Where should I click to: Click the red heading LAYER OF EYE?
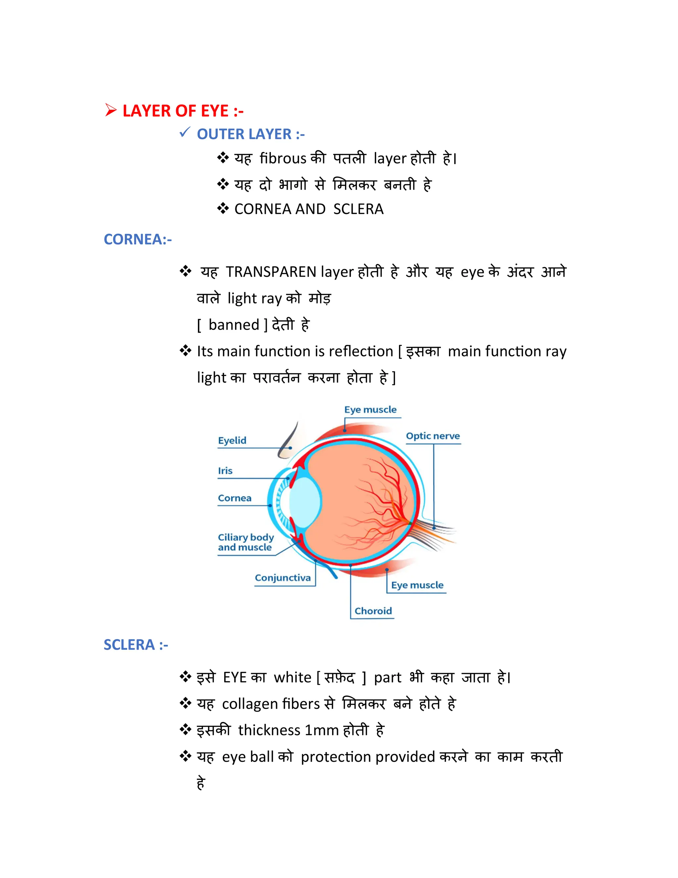coord(183,111)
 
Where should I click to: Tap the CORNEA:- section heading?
coord(138,240)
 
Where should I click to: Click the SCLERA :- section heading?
coord(136,645)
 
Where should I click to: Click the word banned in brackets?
coord(234,325)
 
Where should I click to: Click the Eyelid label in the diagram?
coord(232,440)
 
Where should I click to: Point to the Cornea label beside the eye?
coord(235,498)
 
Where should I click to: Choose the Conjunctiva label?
coord(282,578)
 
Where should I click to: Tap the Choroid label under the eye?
coord(373,611)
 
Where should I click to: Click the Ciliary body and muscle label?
coord(245,542)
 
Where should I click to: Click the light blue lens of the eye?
coord(305,501)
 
